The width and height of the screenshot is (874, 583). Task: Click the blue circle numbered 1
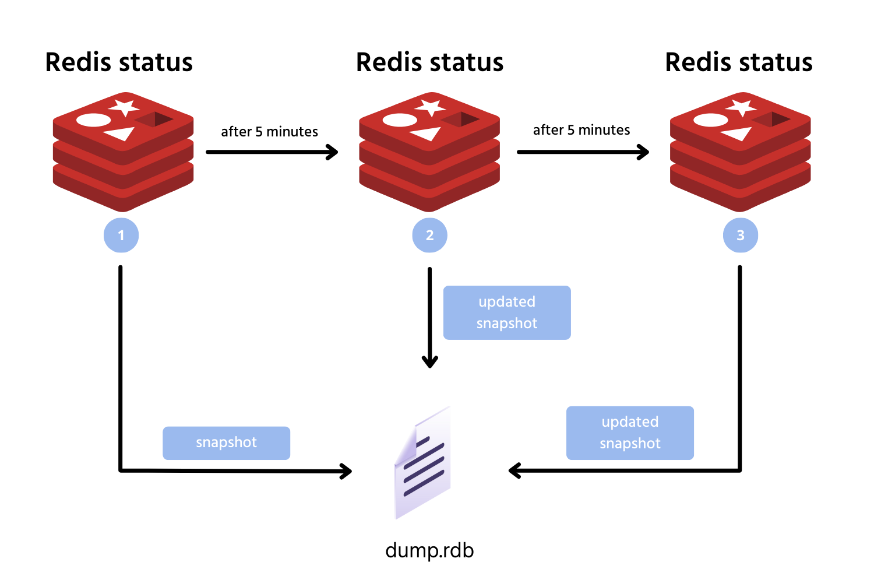(x=121, y=235)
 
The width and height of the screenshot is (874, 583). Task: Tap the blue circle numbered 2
(x=429, y=235)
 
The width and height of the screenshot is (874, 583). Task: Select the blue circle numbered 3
(x=741, y=235)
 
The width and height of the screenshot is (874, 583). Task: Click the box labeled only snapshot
(x=226, y=443)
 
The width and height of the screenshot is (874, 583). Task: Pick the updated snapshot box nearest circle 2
(x=506, y=312)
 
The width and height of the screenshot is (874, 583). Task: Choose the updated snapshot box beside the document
(x=630, y=433)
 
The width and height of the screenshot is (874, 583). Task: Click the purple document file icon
(x=424, y=463)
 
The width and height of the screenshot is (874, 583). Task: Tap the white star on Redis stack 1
(x=124, y=108)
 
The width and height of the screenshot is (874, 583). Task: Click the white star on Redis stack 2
(x=431, y=108)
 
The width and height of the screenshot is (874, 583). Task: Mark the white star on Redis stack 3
(x=742, y=108)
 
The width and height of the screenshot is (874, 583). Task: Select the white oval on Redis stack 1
(x=93, y=121)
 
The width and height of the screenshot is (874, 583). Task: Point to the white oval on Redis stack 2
(x=400, y=121)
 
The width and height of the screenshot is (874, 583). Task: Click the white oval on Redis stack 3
(x=711, y=121)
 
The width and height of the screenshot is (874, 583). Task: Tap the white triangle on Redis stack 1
(x=122, y=135)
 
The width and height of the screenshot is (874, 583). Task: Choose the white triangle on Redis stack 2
(x=428, y=135)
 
